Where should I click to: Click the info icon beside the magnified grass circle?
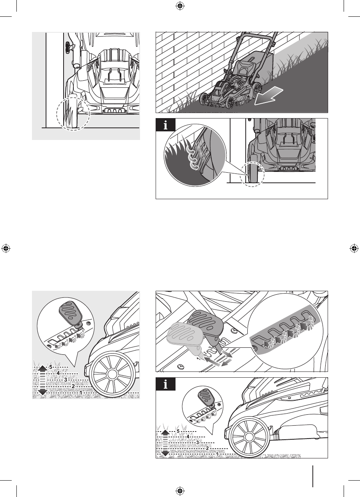(x=166, y=125)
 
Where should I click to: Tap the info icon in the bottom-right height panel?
(x=166, y=384)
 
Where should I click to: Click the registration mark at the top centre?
(x=180, y=6)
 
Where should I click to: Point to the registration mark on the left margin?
(x=6, y=249)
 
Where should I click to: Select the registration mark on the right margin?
(x=354, y=249)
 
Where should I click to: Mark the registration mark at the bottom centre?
(x=180, y=491)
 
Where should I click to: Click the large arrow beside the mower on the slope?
(x=269, y=96)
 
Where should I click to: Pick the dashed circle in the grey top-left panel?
(x=57, y=114)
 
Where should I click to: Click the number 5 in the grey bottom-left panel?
(x=51, y=367)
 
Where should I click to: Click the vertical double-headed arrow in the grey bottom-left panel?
(x=43, y=380)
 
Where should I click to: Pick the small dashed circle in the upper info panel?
(x=252, y=174)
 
